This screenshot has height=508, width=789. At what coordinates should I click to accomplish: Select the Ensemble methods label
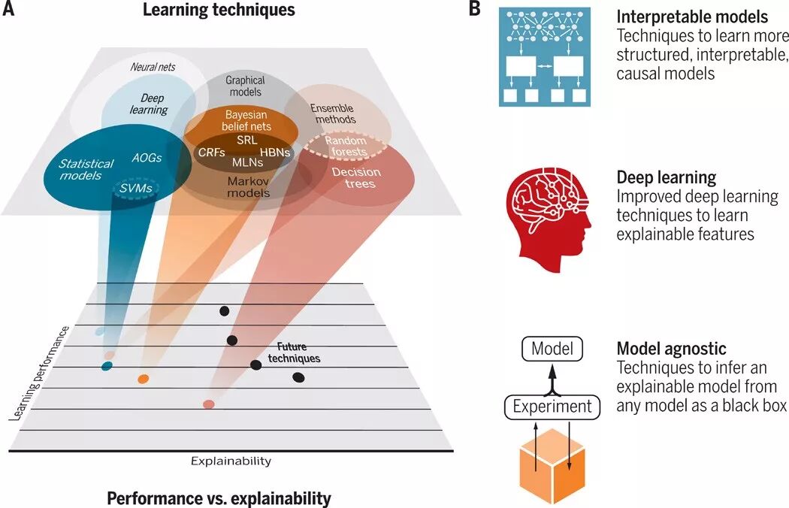click(x=333, y=113)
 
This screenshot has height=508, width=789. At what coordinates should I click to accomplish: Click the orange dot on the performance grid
click(x=144, y=379)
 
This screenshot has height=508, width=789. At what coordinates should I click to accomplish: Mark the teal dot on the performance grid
click(x=107, y=366)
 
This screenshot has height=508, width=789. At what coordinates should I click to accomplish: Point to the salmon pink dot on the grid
click(x=209, y=405)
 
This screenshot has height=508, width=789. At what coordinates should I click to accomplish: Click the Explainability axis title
click(x=231, y=461)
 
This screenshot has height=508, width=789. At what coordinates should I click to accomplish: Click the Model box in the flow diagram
click(x=552, y=349)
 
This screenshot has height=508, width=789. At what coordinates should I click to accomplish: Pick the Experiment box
click(x=552, y=407)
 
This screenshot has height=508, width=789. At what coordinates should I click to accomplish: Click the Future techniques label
click(x=294, y=352)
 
